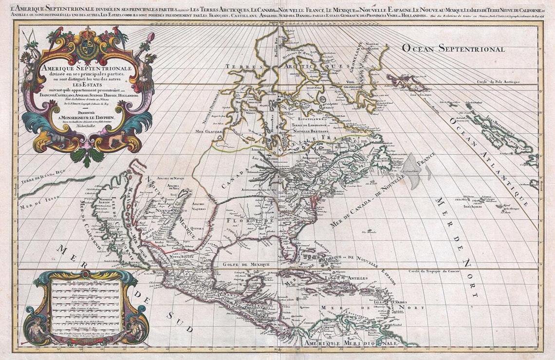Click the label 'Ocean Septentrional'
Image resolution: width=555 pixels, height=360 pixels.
tap(453, 48)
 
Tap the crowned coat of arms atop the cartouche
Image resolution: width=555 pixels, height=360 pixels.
tap(88, 48)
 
